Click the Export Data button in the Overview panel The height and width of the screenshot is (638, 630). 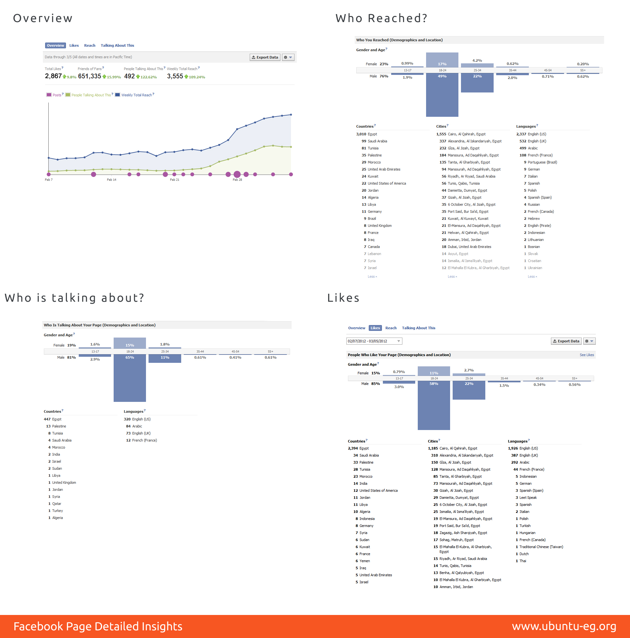coord(265,58)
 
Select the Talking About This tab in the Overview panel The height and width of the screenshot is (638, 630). coord(117,45)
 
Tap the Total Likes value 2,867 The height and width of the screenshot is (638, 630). coord(53,76)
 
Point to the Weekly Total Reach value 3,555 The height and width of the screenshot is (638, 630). coord(175,76)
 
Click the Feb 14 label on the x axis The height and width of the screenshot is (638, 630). coord(112,179)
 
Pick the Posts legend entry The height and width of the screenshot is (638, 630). coord(55,95)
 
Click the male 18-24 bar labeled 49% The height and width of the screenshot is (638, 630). coord(442,95)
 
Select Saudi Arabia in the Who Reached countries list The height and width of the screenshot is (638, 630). coord(377,141)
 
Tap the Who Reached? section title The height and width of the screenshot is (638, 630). coord(381,18)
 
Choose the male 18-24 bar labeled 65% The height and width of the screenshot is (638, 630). coord(130,378)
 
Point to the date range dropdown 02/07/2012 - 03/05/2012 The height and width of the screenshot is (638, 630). coord(374,341)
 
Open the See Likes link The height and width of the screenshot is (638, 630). coord(587,355)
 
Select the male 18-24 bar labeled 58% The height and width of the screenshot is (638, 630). coord(434,405)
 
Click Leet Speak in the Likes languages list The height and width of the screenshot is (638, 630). coord(528,498)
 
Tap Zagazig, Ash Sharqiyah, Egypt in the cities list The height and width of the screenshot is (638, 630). coord(463,533)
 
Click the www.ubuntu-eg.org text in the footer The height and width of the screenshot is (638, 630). coord(564,626)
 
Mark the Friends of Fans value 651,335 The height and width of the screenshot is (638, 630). coord(90,76)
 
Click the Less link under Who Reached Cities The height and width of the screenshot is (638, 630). coord(452,277)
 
